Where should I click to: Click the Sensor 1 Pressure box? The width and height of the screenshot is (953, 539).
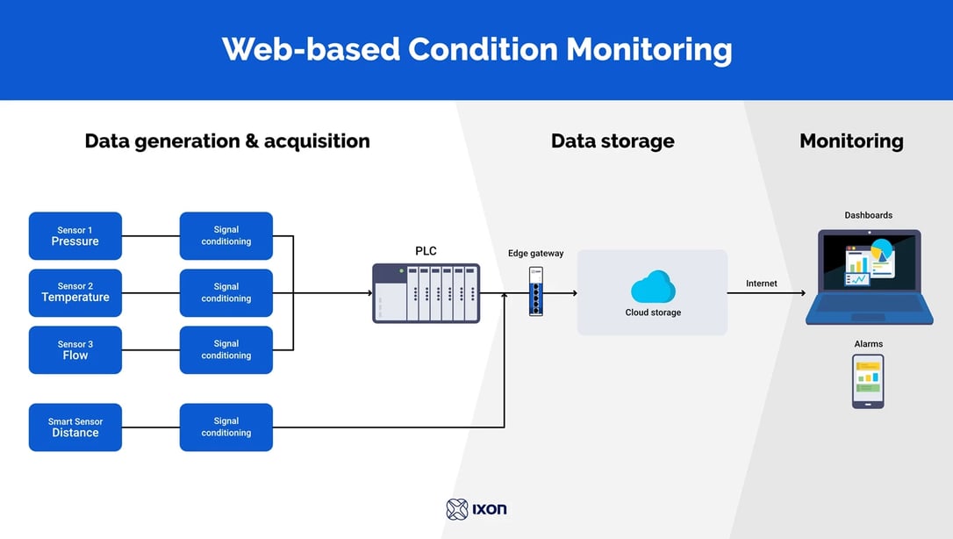tap(75, 236)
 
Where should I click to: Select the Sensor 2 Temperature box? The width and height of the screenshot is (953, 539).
tap(75, 292)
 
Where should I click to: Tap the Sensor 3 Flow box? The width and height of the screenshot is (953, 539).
tap(75, 350)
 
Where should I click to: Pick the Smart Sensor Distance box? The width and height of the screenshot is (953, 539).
tap(75, 428)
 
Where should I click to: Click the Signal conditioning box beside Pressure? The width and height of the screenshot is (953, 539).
tap(226, 236)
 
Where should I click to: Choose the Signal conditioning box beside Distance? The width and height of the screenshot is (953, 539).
tap(226, 428)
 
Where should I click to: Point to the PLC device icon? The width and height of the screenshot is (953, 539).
tap(426, 293)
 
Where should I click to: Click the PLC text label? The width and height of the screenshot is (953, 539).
tap(426, 251)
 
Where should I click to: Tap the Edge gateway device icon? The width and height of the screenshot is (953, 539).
tap(535, 291)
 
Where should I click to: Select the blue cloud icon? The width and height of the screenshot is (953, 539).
tap(652, 287)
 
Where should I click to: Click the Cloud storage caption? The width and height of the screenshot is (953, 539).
tap(652, 313)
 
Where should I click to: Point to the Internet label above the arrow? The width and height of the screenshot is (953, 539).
tap(761, 284)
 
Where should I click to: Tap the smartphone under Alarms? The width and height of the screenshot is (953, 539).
tap(868, 381)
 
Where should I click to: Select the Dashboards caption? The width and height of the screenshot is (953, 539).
tap(868, 215)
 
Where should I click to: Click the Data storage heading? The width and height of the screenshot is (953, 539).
tap(613, 141)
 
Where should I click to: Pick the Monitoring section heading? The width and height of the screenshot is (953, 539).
tap(850, 141)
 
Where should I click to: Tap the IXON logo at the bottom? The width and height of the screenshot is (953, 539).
tap(476, 509)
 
